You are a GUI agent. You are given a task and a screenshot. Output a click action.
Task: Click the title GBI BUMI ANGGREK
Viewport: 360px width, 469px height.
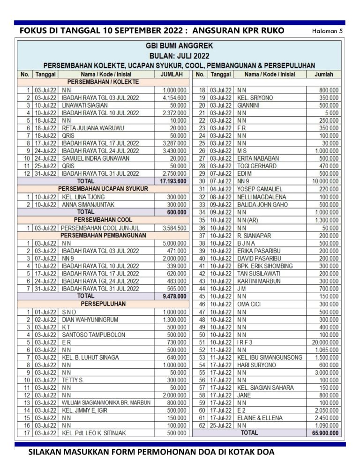click(x=180, y=46)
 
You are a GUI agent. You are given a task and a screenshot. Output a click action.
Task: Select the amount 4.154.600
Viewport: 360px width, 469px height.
click(x=175, y=97)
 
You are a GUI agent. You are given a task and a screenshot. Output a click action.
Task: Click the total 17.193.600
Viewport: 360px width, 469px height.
click(x=173, y=181)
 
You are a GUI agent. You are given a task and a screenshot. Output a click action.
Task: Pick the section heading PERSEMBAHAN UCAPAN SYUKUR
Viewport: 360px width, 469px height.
click(x=103, y=188)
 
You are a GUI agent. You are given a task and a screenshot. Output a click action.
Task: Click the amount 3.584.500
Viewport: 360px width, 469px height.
click(x=175, y=228)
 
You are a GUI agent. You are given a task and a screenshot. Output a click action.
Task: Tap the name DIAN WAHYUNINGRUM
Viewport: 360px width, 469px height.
click(x=90, y=320)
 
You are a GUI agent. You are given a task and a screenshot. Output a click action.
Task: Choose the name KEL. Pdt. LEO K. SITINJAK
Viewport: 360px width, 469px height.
click(x=94, y=433)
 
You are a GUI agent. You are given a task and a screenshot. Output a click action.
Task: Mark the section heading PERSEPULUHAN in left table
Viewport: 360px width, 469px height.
click(x=103, y=304)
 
